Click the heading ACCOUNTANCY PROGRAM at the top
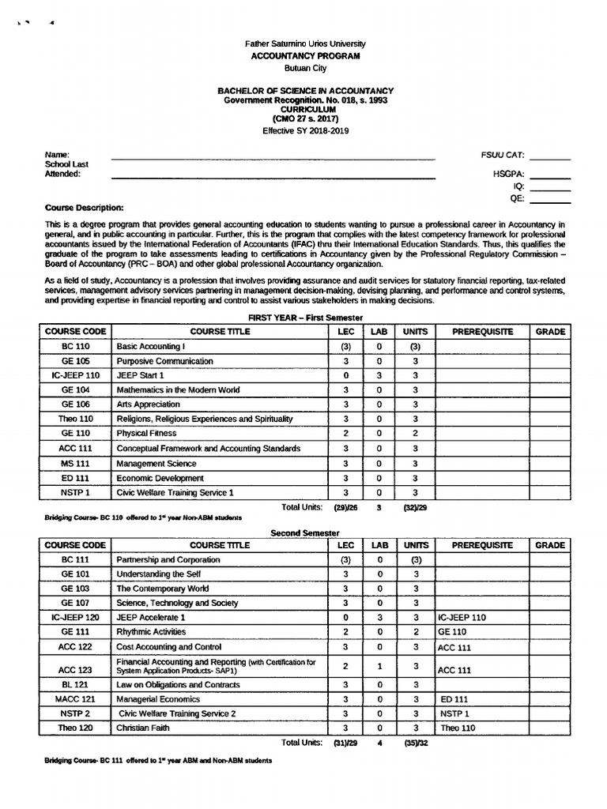coord(305,56)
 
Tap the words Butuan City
coord(305,69)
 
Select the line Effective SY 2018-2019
coord(305,131)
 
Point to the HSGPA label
coord(508,174)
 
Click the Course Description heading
coord(85,208)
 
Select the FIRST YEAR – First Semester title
coord(305,317)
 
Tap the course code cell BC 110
coord(75,347)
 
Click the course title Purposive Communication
coord(165,361)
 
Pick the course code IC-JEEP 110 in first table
coord(75,375)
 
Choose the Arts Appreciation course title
coord(149,404)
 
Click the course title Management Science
coord(156,464)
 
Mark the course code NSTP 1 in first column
coord(75,493)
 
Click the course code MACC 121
coord(75,699)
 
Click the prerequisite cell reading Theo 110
coord(458,728)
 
